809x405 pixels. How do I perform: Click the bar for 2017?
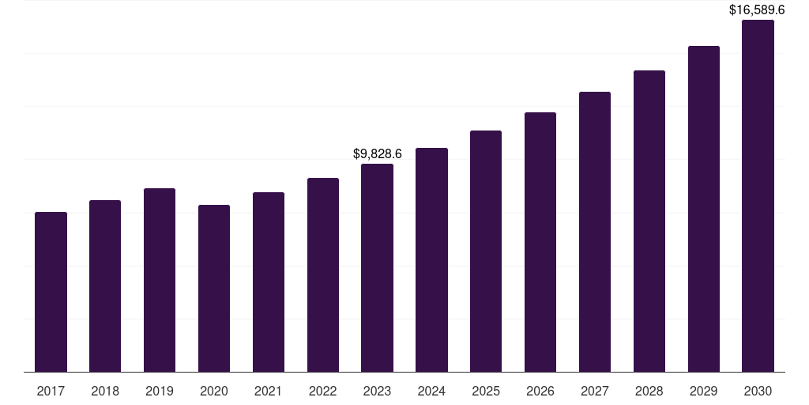point(51,292)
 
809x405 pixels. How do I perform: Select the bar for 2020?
point(214,289)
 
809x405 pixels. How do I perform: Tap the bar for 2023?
point(377,268)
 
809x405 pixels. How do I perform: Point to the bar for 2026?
point(540,242)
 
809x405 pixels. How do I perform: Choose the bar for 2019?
point(160,280)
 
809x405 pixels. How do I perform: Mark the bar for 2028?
point(649,221)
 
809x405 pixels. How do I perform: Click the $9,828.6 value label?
point(377,153)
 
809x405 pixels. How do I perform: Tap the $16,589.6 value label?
point(758,10)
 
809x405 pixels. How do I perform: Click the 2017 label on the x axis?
point(51,391)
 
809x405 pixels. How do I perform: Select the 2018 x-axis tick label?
point(105,391)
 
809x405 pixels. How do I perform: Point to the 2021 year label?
point(269,391)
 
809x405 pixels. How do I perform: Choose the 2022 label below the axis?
point(323,391)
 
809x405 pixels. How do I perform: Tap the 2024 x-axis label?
point(431,391)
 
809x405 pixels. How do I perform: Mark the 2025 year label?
point(486,391)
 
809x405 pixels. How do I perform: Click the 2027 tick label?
point(595,391)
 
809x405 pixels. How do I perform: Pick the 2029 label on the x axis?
point(703,391)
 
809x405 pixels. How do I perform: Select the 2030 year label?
point(758,391)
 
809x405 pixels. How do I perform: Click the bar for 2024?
point(431,260)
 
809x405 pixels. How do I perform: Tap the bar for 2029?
point(703,209)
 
